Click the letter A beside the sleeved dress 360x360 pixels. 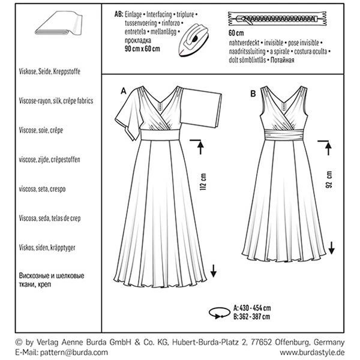click(124, 91)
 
